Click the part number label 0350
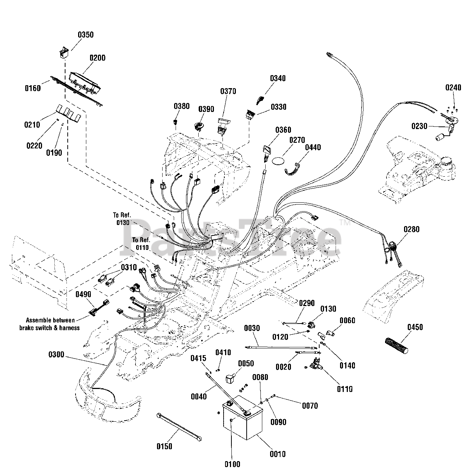[86, 35]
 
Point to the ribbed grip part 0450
[397, 345]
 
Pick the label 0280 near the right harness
[411, 229]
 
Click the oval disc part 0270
[279, 161]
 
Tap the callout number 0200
[97, 58]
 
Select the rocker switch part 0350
[64, 52]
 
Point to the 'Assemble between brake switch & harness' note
[50, 324]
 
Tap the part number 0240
[453, 88]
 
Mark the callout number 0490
[83, 295]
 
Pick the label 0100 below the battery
[233, 464]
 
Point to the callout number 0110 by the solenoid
[345, 389]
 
